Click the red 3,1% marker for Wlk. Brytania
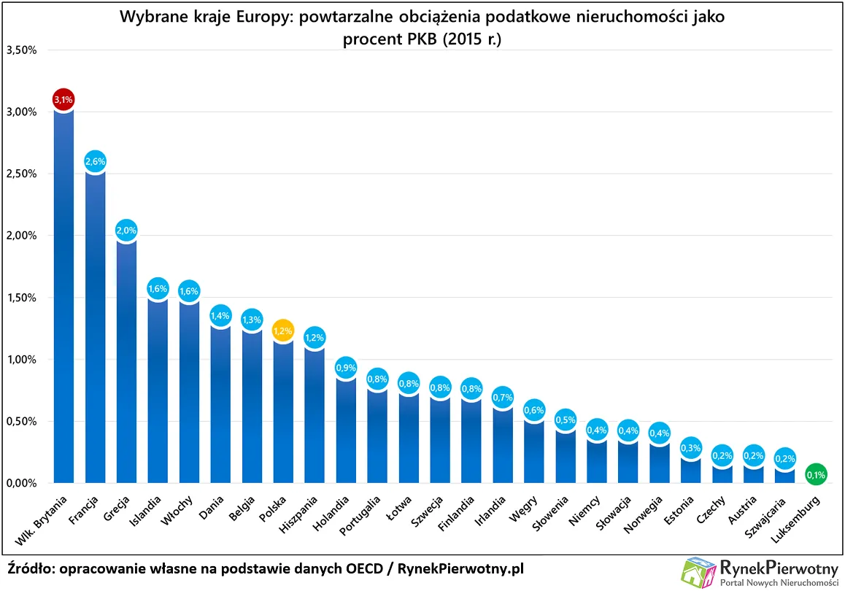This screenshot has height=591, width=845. (x=63, y=99)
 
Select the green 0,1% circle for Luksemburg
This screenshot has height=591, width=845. (x=817, y=476)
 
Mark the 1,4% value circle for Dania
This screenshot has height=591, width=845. (x=220, y=317)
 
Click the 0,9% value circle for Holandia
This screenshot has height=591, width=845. (x=346, y=368)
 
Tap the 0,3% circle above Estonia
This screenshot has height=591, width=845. (x=691, y=448)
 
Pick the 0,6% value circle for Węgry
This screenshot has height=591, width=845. (x=534, y=411)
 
